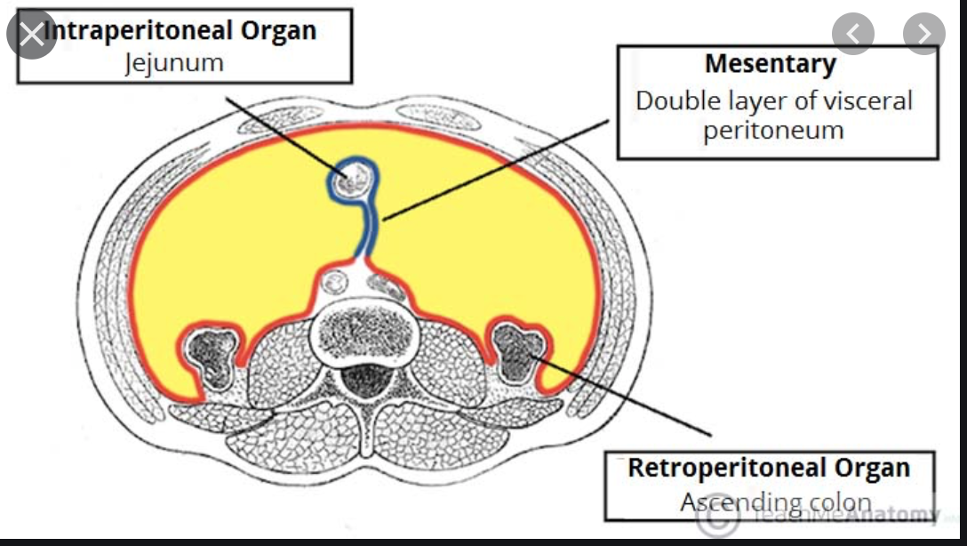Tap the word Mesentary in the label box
770,64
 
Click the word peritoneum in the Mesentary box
772,130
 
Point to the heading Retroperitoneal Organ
769,468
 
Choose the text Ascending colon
775,502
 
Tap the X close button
32,34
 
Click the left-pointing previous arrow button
853,34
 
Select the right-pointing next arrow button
923,34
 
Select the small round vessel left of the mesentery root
335,284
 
